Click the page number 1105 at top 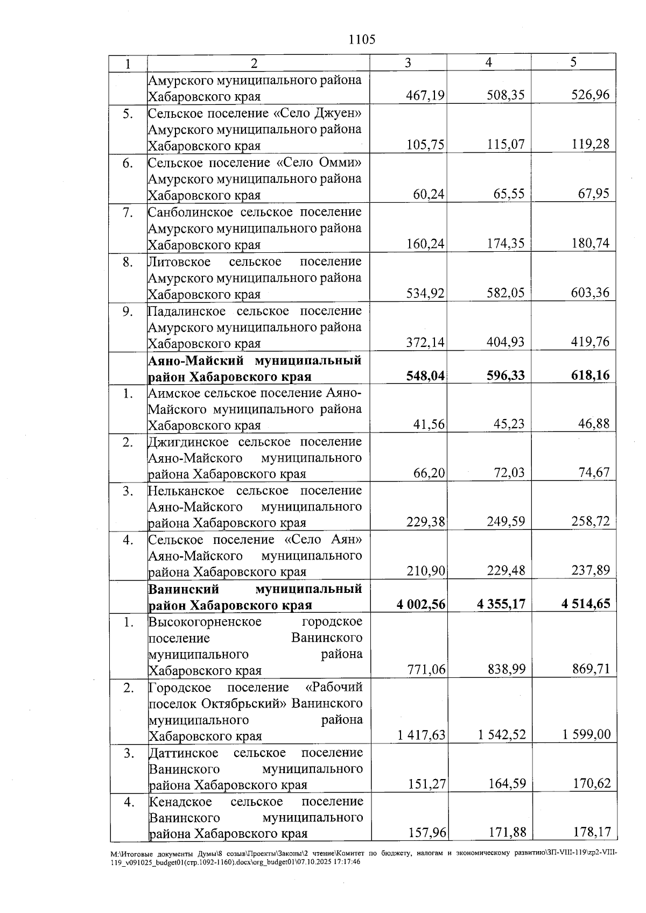[362, 40]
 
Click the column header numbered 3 [408, 63]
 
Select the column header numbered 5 [573, 62]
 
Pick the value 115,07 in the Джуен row [505, 145]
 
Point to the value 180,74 [591, 244]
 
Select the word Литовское [179, 261]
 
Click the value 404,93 [505, 343]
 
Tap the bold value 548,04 [425, 376]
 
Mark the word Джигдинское [188, 442]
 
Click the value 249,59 [505, 522]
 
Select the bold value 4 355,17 [501, 604]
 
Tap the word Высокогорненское [205, 622]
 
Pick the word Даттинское [184, 753]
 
